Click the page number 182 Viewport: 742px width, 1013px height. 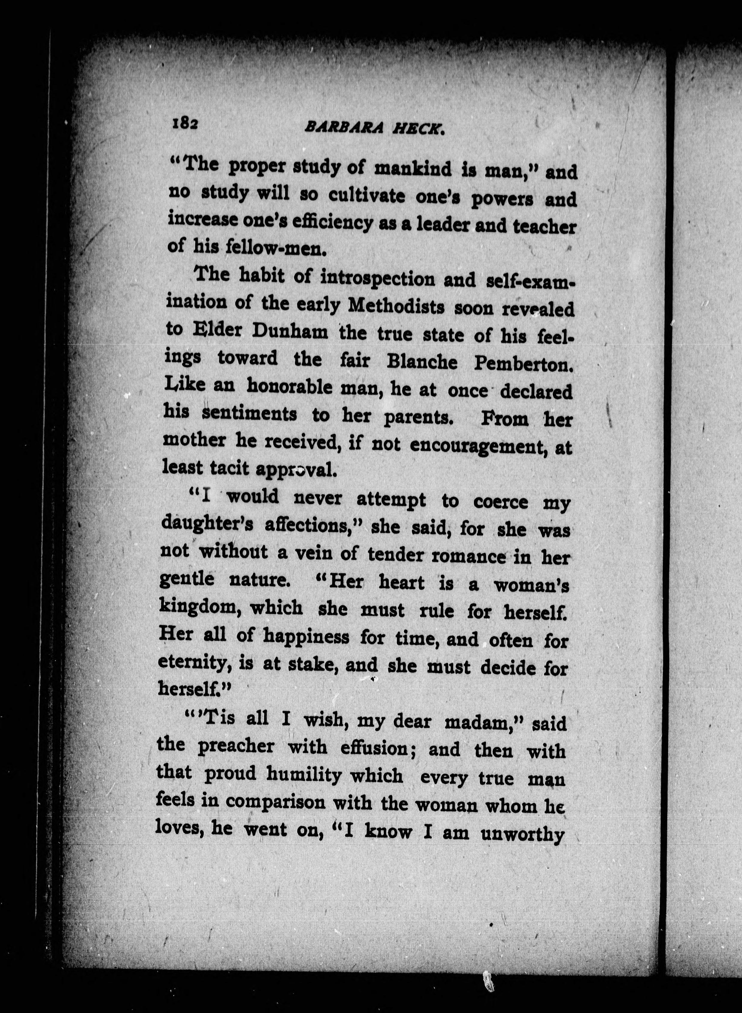(x=184, y=123)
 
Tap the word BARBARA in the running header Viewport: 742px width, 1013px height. (x=344, y=128)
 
